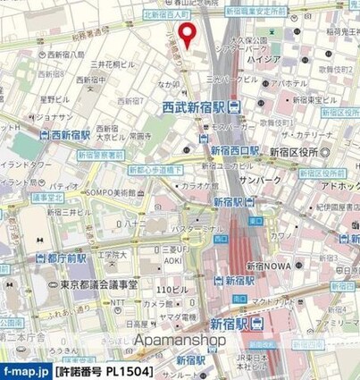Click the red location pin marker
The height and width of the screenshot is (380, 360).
(x=188, y=33)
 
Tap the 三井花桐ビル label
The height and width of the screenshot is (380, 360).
(x=113, y=64)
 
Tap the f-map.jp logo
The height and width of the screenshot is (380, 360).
(x=24, y=370)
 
